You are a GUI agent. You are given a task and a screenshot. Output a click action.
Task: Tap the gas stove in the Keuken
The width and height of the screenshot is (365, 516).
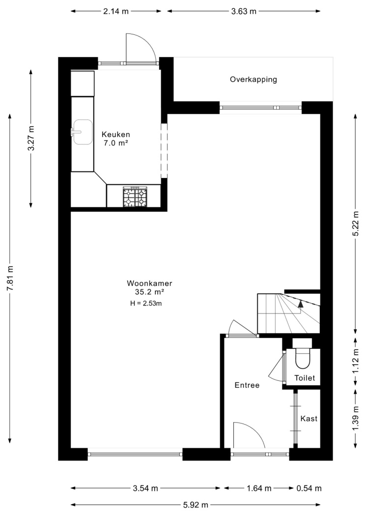pos(135,197)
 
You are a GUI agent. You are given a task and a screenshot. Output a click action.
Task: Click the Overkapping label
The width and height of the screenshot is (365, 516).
pos(253,80)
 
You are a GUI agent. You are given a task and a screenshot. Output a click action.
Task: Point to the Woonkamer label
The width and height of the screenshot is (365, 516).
pos(150,284)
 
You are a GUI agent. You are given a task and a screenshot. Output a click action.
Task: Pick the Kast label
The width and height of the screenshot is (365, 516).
pos(309,419)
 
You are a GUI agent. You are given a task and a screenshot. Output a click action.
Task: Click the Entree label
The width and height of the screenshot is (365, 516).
pos(247,385)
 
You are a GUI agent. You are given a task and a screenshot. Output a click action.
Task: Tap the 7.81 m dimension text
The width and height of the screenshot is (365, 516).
pos(10,278)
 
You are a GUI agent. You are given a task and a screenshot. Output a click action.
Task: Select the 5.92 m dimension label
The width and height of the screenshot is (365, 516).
pos(196,505)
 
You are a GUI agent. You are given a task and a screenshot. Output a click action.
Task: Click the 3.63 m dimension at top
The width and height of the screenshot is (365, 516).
pos(244,11)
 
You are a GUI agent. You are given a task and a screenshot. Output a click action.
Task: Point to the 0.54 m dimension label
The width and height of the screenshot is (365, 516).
pos(309,488)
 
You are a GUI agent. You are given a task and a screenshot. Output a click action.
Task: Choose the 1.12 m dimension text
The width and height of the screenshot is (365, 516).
pos(356,361)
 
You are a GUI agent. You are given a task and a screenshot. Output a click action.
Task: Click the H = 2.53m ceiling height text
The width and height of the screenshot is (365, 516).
pos(146,303)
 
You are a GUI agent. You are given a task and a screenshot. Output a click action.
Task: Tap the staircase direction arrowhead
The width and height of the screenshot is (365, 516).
pos(300,304)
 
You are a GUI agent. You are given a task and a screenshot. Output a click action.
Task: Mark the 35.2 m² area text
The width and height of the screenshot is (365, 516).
pos(150,292)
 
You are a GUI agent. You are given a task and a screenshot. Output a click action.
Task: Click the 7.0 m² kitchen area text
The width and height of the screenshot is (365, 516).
pos(116,143)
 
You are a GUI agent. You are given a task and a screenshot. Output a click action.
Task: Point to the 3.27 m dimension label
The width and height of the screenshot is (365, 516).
pos(31,138)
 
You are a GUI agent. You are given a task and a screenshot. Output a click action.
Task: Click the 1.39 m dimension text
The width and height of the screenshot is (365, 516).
pos(356,418)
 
